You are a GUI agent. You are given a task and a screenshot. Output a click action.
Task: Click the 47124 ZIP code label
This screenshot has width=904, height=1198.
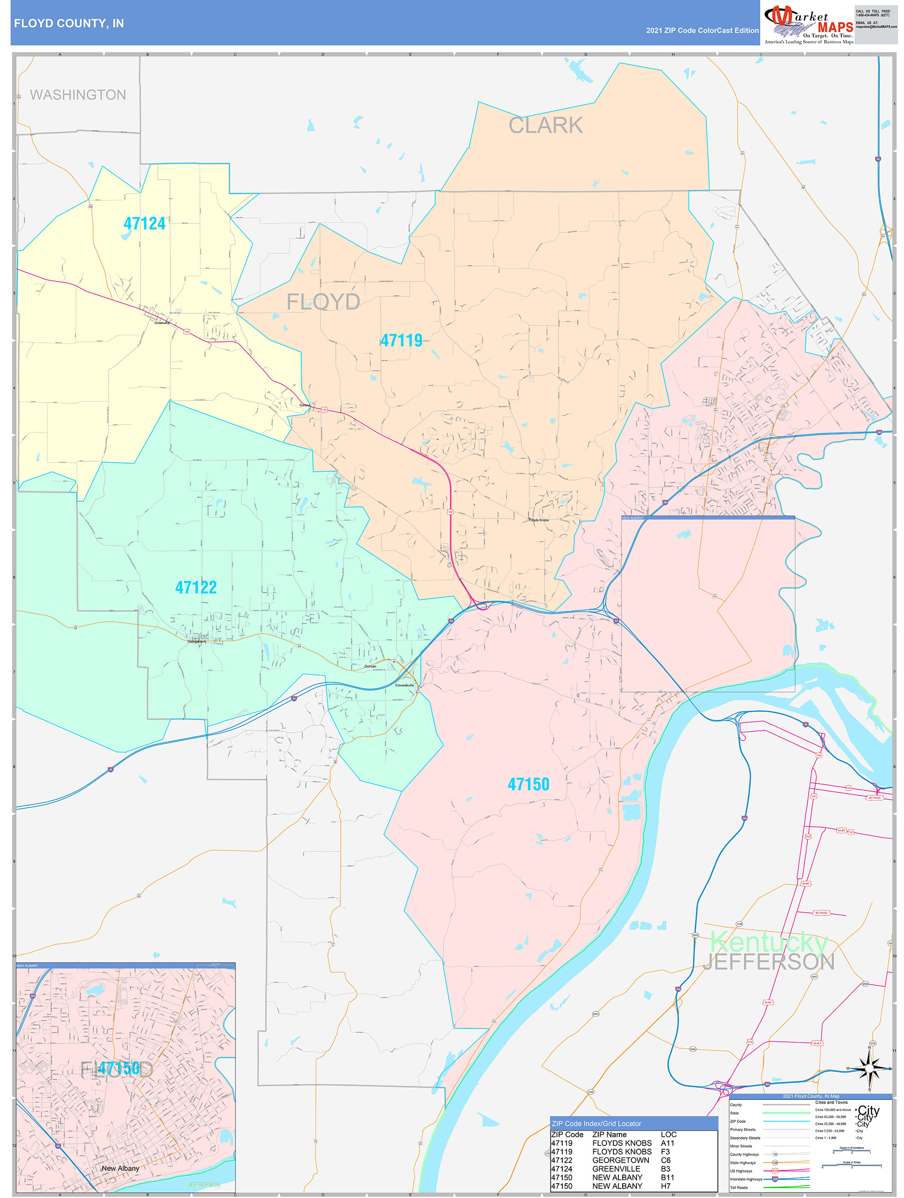144,223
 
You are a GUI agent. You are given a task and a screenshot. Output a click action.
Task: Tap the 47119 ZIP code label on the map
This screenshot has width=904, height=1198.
401,341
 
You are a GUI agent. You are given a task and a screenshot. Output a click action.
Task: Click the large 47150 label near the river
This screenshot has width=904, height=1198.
528,784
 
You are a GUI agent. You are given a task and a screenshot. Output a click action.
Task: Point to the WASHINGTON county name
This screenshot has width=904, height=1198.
78,95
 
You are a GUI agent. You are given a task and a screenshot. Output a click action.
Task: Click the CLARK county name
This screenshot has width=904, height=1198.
545,126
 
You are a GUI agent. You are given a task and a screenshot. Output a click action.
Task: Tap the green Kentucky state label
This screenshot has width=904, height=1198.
768,942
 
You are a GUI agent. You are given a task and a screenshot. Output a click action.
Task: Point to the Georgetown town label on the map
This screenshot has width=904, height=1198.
197,642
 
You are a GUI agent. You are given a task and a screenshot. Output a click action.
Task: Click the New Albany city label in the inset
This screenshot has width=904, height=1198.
120,1168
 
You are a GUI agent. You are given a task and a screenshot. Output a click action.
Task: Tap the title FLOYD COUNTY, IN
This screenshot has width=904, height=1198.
69,23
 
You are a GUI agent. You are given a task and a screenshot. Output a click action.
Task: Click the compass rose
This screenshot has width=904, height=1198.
869,1069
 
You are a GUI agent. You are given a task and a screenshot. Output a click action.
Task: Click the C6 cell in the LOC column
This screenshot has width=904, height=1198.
665,1160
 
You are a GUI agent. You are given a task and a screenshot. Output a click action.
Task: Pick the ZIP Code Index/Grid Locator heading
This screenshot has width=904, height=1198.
596,1124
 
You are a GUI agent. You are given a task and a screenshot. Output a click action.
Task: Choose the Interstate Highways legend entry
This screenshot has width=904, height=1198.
746,1179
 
